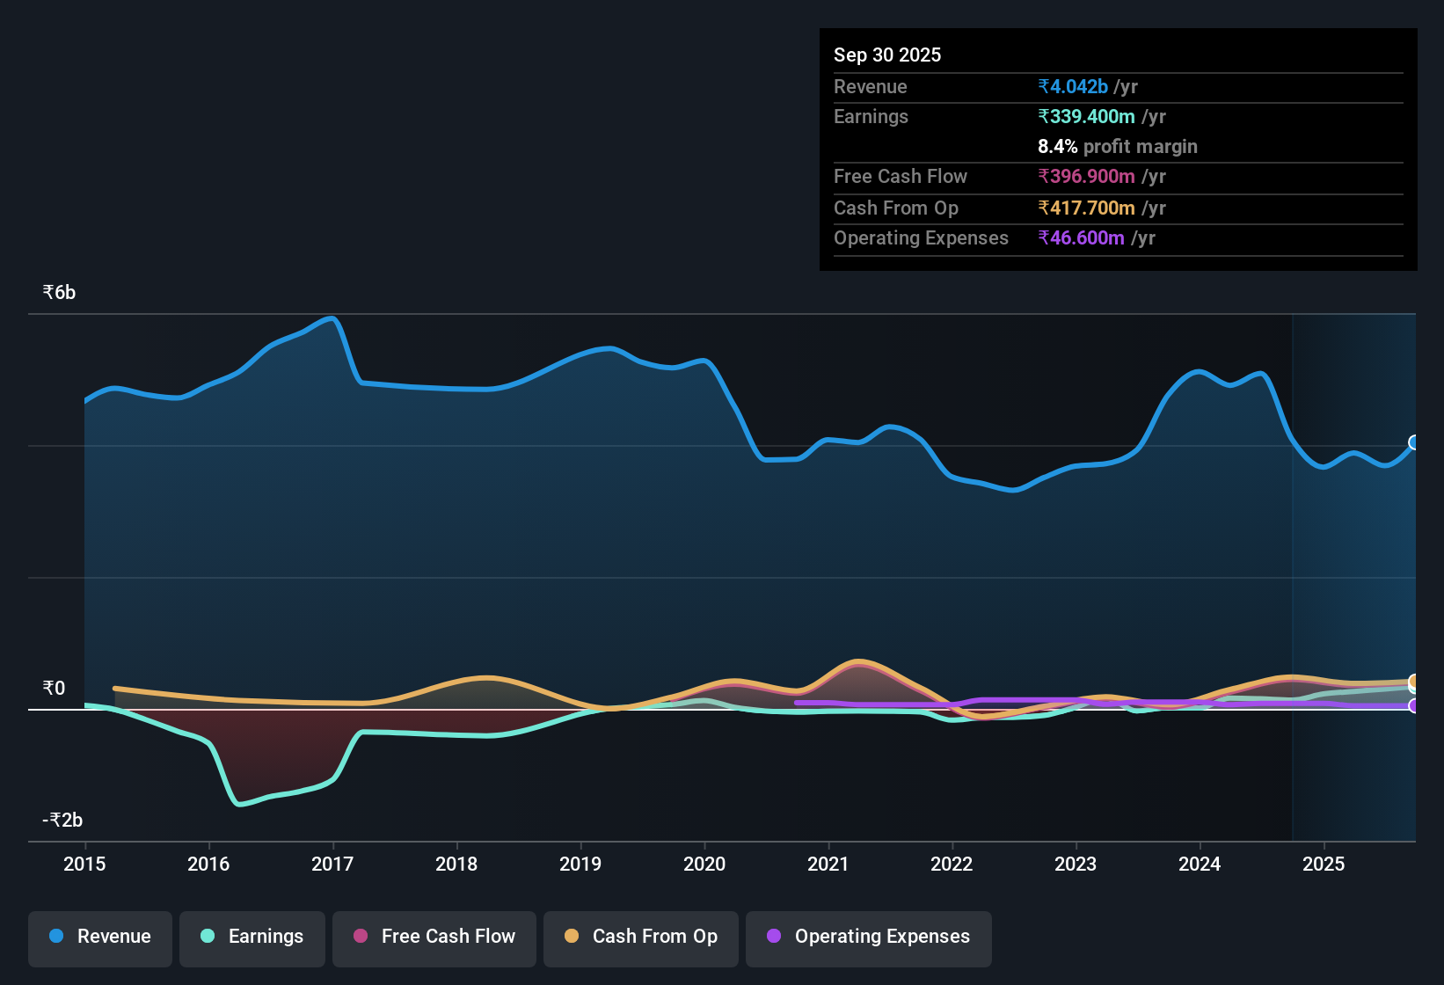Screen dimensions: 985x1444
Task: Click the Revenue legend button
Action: (100, 938)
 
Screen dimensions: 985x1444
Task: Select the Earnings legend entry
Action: (252, 938)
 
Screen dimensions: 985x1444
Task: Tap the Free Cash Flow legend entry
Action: (434, 938)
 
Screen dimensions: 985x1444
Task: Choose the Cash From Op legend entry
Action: (641, 938)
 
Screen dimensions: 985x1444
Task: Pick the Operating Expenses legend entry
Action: (869, 938)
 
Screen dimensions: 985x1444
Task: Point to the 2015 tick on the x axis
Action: (84, 865)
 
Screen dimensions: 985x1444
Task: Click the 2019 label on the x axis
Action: (580, 865)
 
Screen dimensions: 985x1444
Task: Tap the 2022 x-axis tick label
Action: (952, 865)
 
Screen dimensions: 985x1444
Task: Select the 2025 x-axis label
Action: (1324, 865)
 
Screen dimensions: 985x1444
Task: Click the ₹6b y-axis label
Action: (60, 293)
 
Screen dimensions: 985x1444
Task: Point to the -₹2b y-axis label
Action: (62, 821)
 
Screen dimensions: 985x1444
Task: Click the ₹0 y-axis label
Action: (55, 689)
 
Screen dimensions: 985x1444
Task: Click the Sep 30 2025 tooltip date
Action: (887, 55)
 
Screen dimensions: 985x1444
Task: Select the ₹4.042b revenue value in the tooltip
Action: (1073, 87)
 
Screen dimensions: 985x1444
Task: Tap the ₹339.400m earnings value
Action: (1086, 117)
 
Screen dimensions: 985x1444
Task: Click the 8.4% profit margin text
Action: (1117, 147)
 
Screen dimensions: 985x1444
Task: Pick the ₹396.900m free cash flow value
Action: (1086, 177)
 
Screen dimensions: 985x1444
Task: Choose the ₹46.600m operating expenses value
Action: (1081, 238)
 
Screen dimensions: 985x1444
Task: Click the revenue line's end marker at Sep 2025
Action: (1414, 442)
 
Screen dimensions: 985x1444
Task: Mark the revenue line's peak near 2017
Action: (332, 318)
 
